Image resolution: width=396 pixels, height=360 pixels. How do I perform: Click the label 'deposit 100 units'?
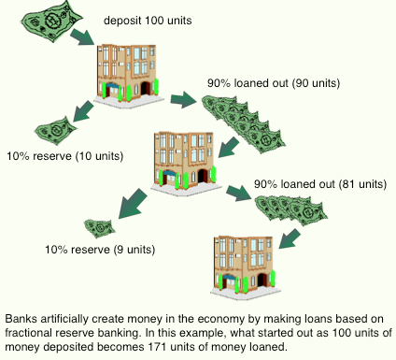coord(148,21)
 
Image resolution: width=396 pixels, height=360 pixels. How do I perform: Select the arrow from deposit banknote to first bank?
coord(82,37)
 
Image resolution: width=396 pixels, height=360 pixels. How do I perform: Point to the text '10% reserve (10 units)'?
coord(65,156)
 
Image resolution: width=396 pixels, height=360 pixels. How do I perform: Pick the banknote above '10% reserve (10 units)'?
coord(55,130)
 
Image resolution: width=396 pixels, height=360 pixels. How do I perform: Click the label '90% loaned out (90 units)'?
coord(274,83)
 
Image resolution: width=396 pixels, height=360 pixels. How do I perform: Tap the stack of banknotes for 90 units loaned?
coord(243,124)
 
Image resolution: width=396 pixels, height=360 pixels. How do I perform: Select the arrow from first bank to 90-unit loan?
coord(183,100)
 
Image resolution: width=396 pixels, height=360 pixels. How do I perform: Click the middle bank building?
coord(186,163)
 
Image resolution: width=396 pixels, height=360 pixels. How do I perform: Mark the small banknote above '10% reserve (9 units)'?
coord(100,228)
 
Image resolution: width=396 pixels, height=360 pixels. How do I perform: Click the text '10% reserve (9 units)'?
coord(100,250)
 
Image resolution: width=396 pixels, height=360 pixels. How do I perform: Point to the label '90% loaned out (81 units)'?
coord(320,184)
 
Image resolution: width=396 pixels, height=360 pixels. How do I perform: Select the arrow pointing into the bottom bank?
coord(290,238)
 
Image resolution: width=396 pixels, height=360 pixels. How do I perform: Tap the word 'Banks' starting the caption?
coord(21,319)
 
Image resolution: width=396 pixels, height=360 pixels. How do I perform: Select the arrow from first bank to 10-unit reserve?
coord(83,111)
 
